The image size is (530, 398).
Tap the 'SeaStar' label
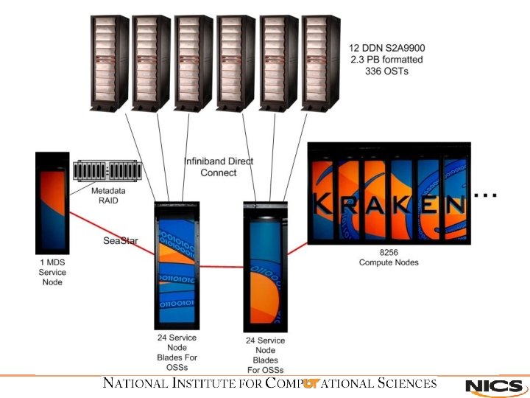121,240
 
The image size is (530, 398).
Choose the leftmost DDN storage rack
110,62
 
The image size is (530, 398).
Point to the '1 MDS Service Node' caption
52,272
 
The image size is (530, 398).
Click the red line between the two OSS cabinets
221,268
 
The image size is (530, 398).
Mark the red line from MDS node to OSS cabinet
110,233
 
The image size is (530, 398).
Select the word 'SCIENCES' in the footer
406,383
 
